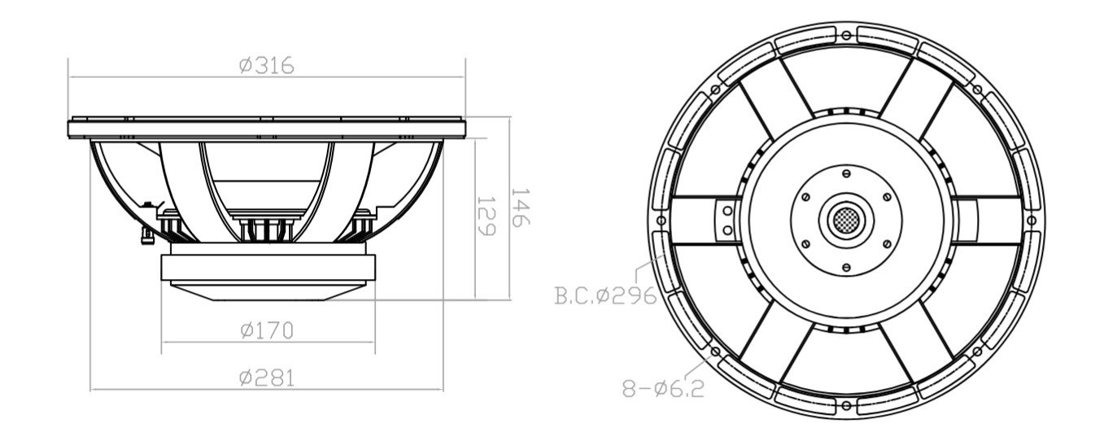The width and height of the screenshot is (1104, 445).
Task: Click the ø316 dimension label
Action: [x=267, y=66]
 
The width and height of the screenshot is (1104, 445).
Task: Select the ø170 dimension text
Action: [x=267, y=330]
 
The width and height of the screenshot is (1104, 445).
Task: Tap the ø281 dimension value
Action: [x=267, y=377]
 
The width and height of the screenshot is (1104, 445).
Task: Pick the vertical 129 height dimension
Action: [x=486, y=216]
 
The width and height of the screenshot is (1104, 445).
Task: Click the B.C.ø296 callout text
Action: [x=605, y=295]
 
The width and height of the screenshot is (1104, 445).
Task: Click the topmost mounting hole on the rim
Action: [x=847, y=35]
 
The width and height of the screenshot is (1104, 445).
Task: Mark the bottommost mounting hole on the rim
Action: [x=846, y=404]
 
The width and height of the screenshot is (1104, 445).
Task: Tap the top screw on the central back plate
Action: [x=846, y=172]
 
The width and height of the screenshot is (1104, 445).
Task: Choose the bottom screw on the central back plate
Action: [x=846, y=266]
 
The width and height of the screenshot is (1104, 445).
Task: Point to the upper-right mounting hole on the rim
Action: [x=977, y=89]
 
